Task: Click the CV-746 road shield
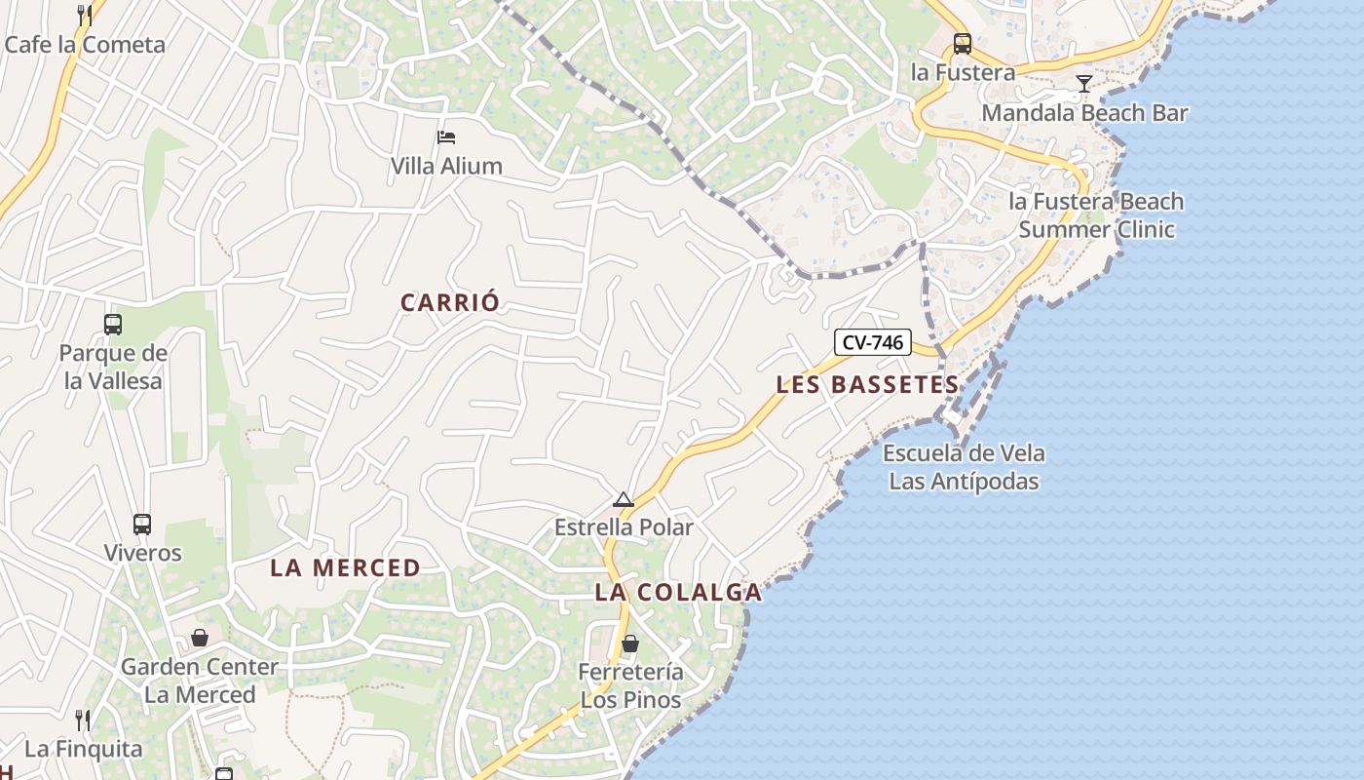pyautogui.click(x=873, y=342)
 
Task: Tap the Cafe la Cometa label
pyautogui.click(x=85, y=45)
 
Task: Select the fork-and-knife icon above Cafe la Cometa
pyautogui.click(x=85, y=15)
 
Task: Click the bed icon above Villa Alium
pyautogui.click(x=446, y=136)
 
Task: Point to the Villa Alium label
pyautogui.click(x=446, y=166)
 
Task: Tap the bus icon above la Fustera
pyautogui.click(x=963, y=43)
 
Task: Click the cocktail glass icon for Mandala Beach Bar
pyautogui.click(x=1083, y=84)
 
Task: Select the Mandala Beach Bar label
pyautogui.click(x=1084, y=113)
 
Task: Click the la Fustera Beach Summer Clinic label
pyautogui.click(x=1096, y=215)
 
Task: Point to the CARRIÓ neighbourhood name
pyautogui.click(x=450, y=302)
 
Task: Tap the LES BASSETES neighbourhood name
pyautogui.click(x=867, y=385)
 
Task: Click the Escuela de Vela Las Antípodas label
pyautogui.click(x=964, y=467)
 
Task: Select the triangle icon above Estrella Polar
pyautogui.click(x=624, y=500)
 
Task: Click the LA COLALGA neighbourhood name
pyautogui.click(x=678, y=592)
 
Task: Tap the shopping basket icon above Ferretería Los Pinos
pyautogui.click(x=630, y=643)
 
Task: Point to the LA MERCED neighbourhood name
pyautogui.click(x=345, y=567)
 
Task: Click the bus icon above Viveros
pyautogui.click(x=142, y=525)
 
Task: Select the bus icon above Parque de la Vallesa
pyautogui.click(x=113, y=325)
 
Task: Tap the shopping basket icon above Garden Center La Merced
pyautogui.click(x=200, y=638)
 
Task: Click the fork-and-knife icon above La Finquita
pyautogui.click(x=84, y=721)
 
